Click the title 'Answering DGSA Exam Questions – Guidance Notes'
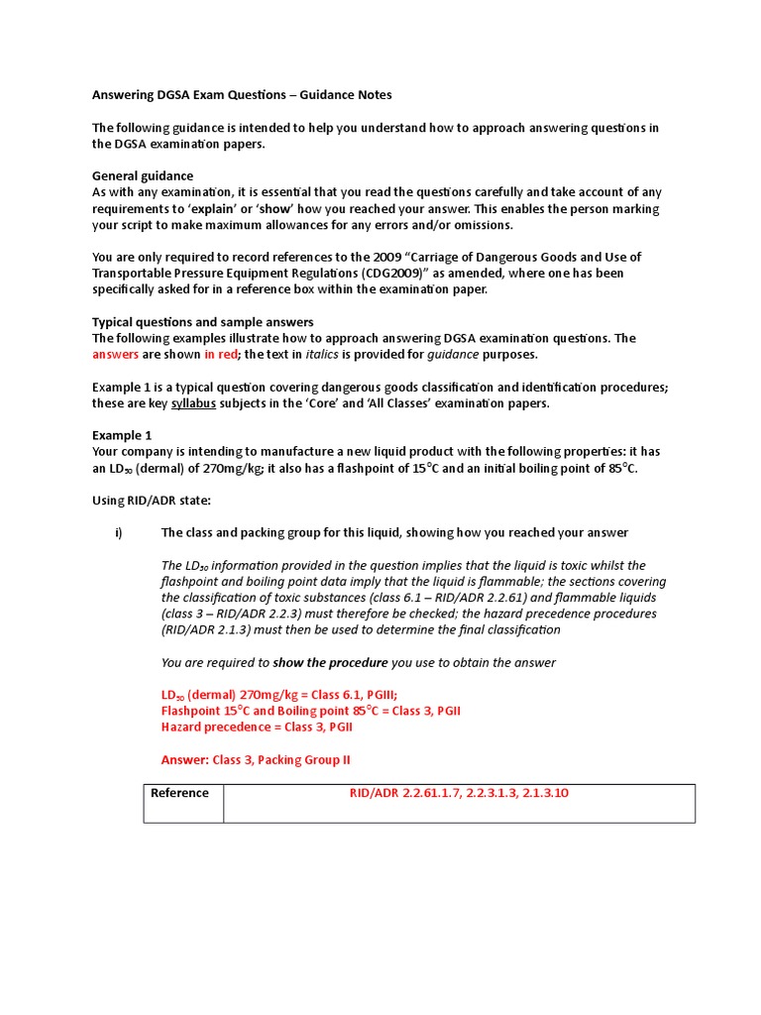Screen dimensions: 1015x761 (x=242, y=95)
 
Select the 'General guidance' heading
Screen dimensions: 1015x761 (x=143, y=175)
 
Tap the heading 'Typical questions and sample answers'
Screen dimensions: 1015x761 (x=202, y=322)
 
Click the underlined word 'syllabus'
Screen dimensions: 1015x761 (x=193, y=403)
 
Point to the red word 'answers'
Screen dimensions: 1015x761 (x=115, y=354)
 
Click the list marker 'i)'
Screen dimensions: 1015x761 (x=119, y=533)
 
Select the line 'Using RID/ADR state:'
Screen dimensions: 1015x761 (x=152, y=501)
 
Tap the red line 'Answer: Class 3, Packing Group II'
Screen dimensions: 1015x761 (x=256, y=760)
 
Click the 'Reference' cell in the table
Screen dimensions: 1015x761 (x=179, y=793)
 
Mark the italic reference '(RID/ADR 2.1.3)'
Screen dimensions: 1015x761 (x=209, y=629)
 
